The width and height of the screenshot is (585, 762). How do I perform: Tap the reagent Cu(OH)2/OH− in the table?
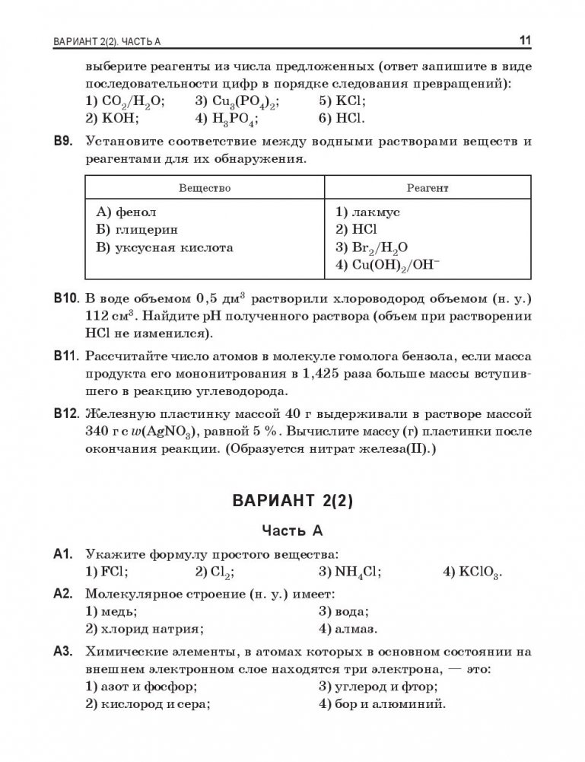coord(386,265)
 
